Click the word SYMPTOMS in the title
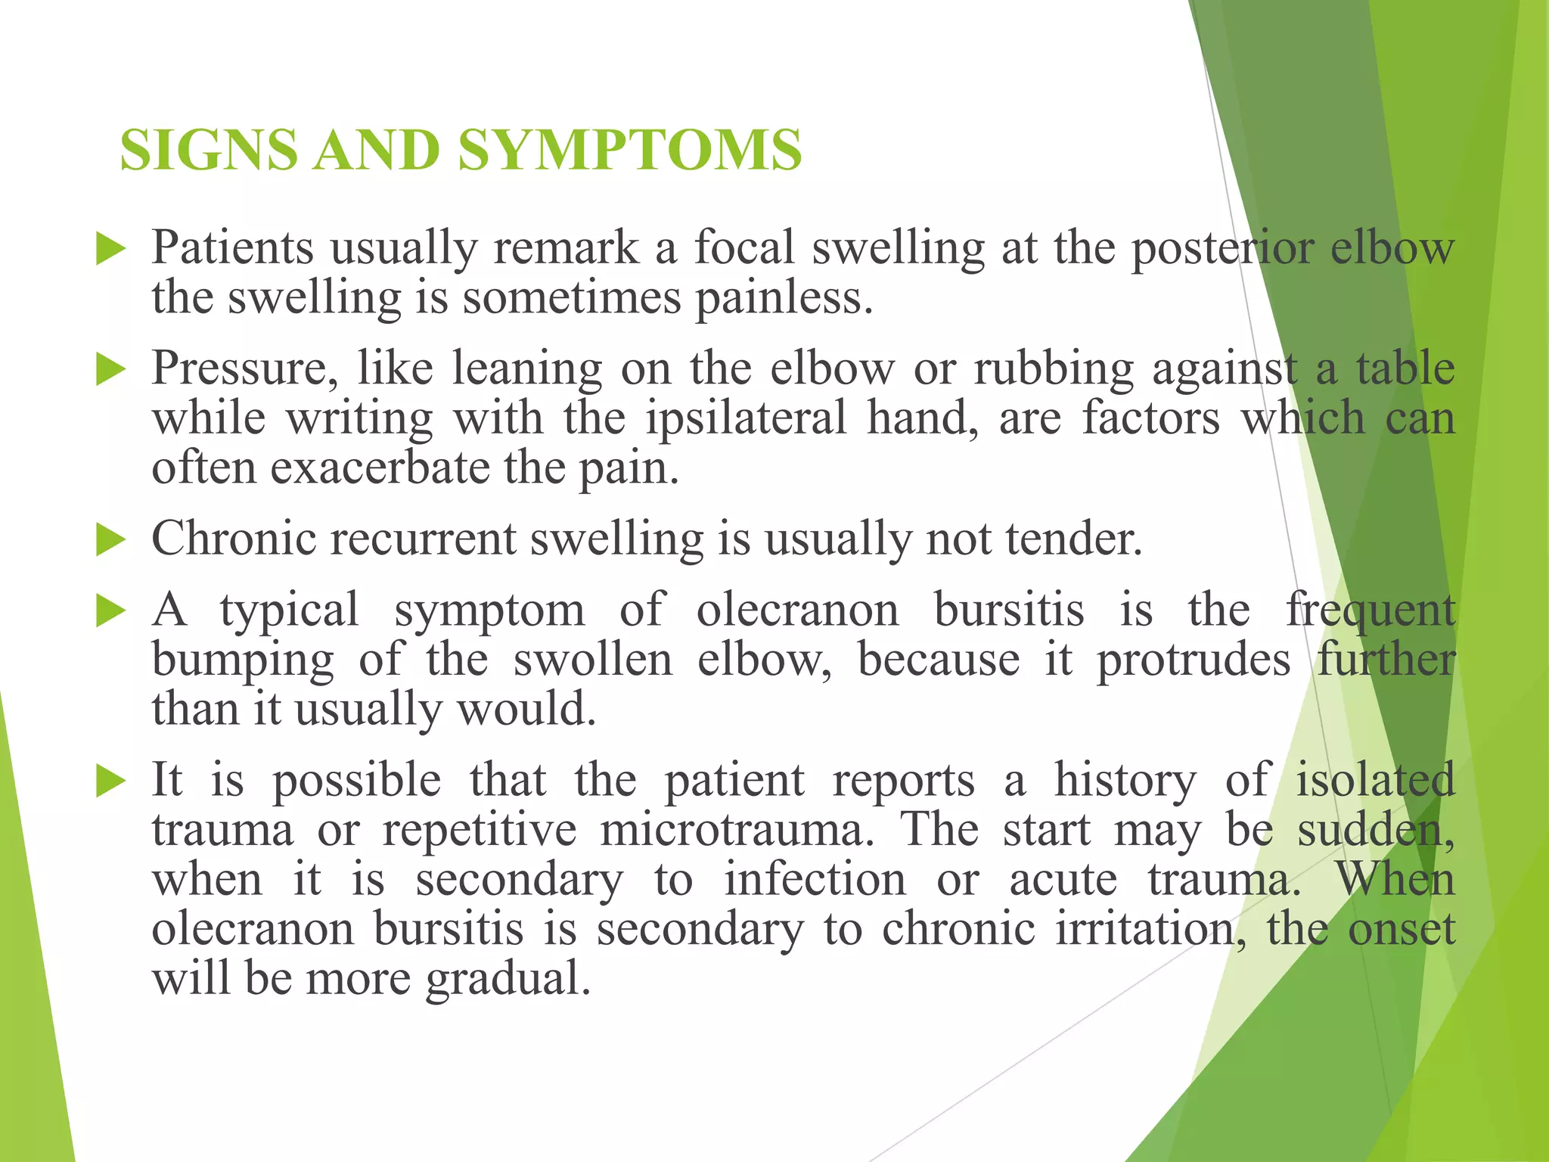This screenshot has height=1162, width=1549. (x=629, y=149)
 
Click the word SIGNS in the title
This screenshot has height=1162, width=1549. (x=209, y=149)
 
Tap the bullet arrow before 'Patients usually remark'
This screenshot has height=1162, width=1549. (x=110, y=250)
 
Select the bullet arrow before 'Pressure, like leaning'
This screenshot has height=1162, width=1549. (x=110, y=370)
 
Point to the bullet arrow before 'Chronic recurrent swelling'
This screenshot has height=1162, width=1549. (x=110, y=541)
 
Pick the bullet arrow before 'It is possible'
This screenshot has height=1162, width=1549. (x=110, y=781)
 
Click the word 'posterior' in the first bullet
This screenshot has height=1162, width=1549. (x=1222, y=248)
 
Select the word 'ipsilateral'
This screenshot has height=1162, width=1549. (x=745, y=418)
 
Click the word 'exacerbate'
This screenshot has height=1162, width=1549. (x=380, y=468)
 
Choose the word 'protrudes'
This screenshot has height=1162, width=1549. (x=1194, y=660)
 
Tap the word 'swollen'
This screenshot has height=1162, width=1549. (x=592, y=660)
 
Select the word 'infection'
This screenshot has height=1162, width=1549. (x=815, y=881)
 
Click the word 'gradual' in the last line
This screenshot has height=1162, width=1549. (x=506, y=980)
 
